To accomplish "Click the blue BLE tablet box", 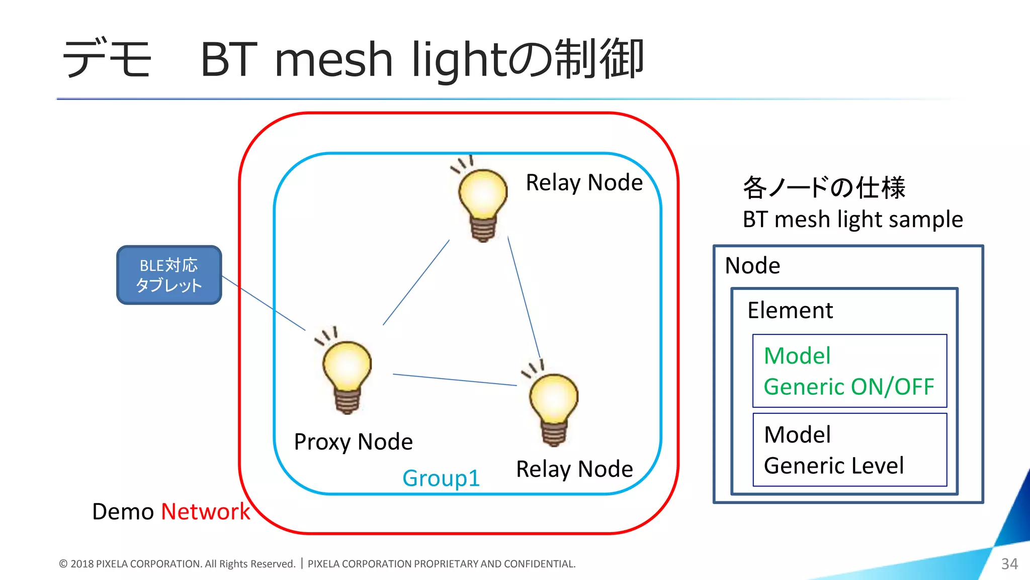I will tap(169, 275).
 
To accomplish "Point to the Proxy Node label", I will tap(353, 442).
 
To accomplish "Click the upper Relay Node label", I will tap(584, 182).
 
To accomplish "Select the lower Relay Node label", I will tap(574, 469).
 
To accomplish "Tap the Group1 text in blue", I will tap(441, 478).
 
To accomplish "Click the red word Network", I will tap(205, 512).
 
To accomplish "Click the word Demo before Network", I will tap(123, 512).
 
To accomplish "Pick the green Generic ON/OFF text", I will tap(848, 387).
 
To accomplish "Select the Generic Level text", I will tap(833, 465).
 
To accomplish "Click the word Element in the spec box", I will tap(790, 310).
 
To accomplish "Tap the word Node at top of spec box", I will tap(752, 265).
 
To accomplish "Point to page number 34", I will tap(1009, 563).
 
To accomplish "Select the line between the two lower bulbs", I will tap(455, 380).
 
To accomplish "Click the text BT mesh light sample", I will tap(852, 220).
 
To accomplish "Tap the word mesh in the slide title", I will tap(333, 60).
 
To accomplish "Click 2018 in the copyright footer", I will tap(82, 564).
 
